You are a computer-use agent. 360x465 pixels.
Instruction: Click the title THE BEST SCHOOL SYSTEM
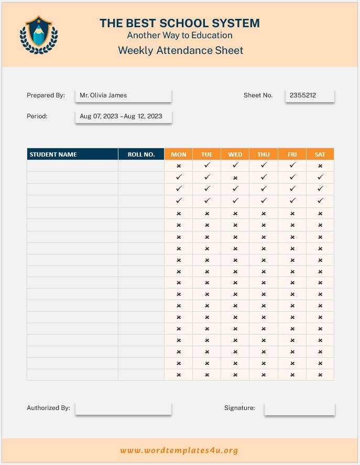pyautogui.click(x=180, y=23)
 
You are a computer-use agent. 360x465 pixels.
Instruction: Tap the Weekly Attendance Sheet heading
pyautogui.click(x=180, y=50)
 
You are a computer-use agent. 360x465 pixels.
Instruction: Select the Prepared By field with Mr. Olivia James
pyautogui.click(x=123, y=95)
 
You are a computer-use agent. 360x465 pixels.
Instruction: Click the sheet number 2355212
pyautogui.click(x=310, y=95)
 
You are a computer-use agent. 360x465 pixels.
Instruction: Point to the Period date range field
pyautogui.click(x=123, y=116)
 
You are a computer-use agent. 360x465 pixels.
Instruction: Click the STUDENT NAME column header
pyautogui.click(x=72, y=154)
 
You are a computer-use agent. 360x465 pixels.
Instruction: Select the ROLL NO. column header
pyautogui.click(x=141, y=154)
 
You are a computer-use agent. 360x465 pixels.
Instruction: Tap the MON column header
pyautogui.click(x=179, y=154)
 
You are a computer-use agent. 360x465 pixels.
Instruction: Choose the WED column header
pyautogui.click(x=235, y=154)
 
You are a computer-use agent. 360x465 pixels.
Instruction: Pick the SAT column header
pyautogui.click(x=320, y=154)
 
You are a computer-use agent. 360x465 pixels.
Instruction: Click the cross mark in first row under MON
pyautogui.click(x=179, y=166)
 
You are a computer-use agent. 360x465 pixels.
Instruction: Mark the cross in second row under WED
pyautogui.click(x=235, y=178)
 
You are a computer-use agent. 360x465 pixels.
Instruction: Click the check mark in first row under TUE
pyautogui.click(x=207, y=165)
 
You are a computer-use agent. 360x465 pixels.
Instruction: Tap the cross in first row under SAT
pyautogui.click(x=320, y=166)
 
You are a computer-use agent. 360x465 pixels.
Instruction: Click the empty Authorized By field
pyautogui.click(x=123, y=408)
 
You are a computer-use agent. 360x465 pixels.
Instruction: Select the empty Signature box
pyautogui.click(x=299, y=408)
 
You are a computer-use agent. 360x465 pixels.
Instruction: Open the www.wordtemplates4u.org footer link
pyautogui.click(x=179, y=450)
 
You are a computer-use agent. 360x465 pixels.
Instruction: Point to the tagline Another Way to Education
pyautogui.click(x=180, y=36)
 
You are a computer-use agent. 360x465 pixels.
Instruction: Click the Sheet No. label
pyautogui.click(x=258, y=95)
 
